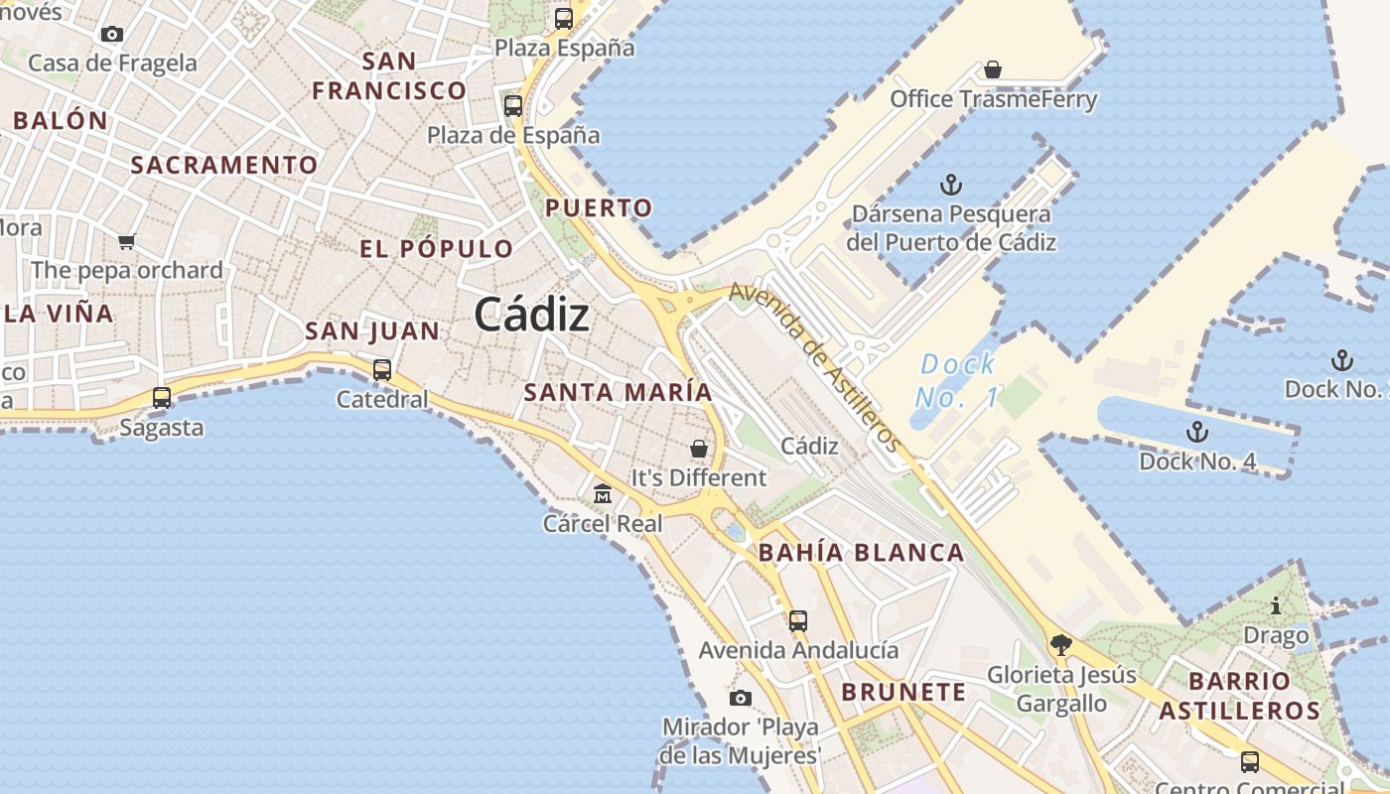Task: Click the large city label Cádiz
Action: (531, 315)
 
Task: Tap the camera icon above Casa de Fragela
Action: (112, 34)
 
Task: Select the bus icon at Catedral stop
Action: (382, 370)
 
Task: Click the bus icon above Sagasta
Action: (162, 398)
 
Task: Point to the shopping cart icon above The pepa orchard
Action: (126, 241)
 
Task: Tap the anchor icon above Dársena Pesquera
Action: (951, 185)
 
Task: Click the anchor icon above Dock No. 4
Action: (1197, 432)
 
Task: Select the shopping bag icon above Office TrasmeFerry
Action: (992, 69)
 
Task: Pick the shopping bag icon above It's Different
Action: (699, 449)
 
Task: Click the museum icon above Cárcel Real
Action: (602, 493)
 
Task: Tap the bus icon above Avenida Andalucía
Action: (797, 621)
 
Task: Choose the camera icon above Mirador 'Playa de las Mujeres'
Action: (740, 698)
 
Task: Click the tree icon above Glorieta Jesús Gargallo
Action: (1060, 645)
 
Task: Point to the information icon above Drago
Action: (1276, 605)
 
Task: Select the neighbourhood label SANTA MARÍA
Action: (618, 392)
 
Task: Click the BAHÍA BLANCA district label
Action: (861, 553)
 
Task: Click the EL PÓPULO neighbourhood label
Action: (437, 248)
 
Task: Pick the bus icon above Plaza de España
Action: (513, 105)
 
